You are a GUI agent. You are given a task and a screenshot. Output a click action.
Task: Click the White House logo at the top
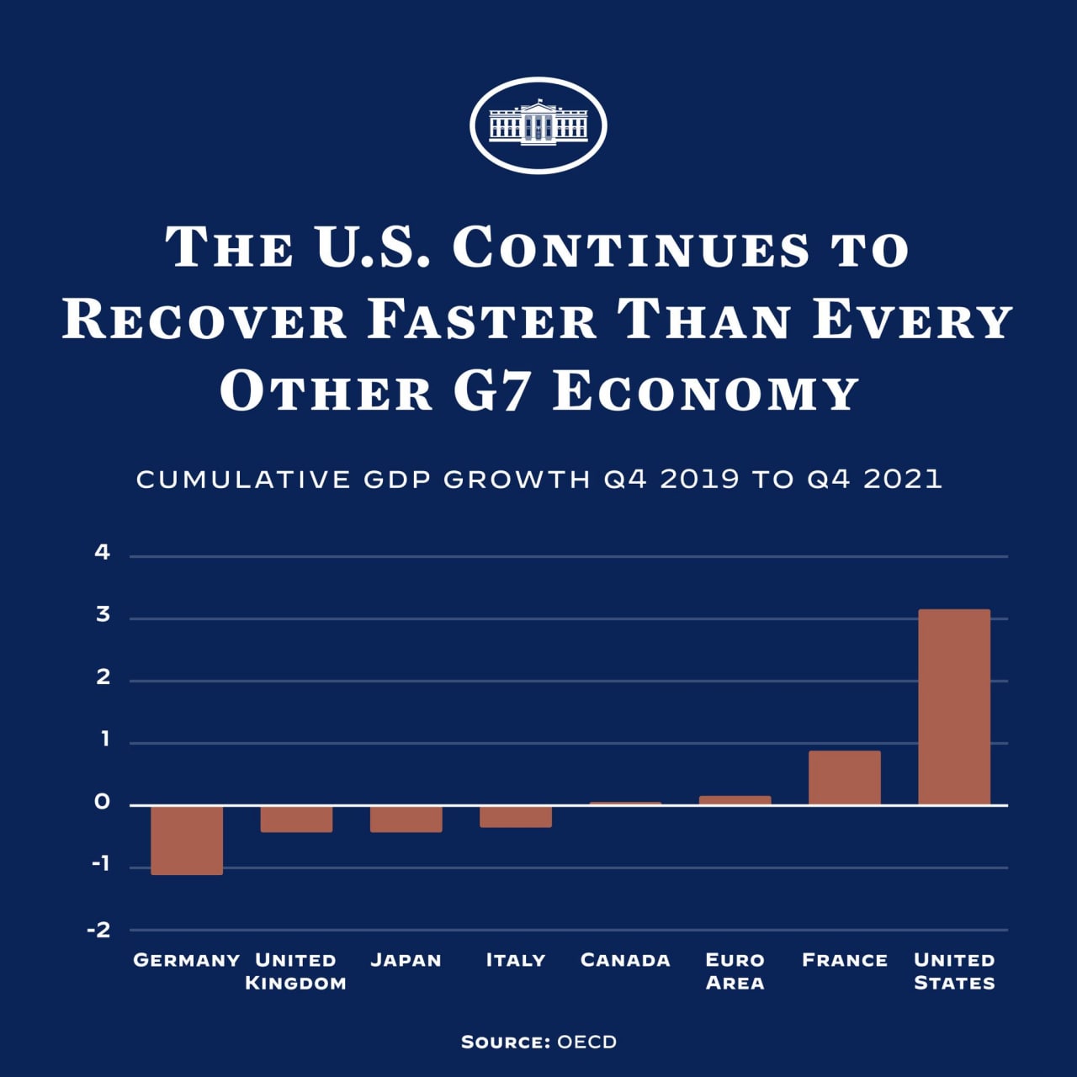538,125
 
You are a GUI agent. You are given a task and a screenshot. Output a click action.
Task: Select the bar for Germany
187,840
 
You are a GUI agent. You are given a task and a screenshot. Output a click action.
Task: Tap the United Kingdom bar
296,819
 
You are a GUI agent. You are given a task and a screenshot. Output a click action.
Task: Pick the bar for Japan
406,819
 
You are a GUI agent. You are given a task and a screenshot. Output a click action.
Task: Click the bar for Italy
516,816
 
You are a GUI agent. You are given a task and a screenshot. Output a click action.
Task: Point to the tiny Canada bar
625,804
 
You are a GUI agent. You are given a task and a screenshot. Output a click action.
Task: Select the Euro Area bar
735,800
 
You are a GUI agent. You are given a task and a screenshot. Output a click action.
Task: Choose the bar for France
844,777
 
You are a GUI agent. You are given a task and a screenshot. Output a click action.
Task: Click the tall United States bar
953,707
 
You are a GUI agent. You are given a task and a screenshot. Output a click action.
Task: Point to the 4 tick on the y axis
103,553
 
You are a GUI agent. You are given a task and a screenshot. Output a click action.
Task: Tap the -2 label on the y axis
99,930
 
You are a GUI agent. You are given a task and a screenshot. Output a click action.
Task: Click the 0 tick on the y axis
103,803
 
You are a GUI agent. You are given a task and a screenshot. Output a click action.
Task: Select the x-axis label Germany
187,960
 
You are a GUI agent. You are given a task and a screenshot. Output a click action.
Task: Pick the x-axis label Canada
625,960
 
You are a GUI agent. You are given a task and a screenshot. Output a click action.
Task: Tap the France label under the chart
845,960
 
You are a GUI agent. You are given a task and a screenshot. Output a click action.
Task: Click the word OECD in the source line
586,1042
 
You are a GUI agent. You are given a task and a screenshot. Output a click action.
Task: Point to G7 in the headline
493,392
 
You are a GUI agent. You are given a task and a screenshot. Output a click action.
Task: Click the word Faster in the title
482,321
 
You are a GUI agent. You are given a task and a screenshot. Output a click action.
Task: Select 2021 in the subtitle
902,479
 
